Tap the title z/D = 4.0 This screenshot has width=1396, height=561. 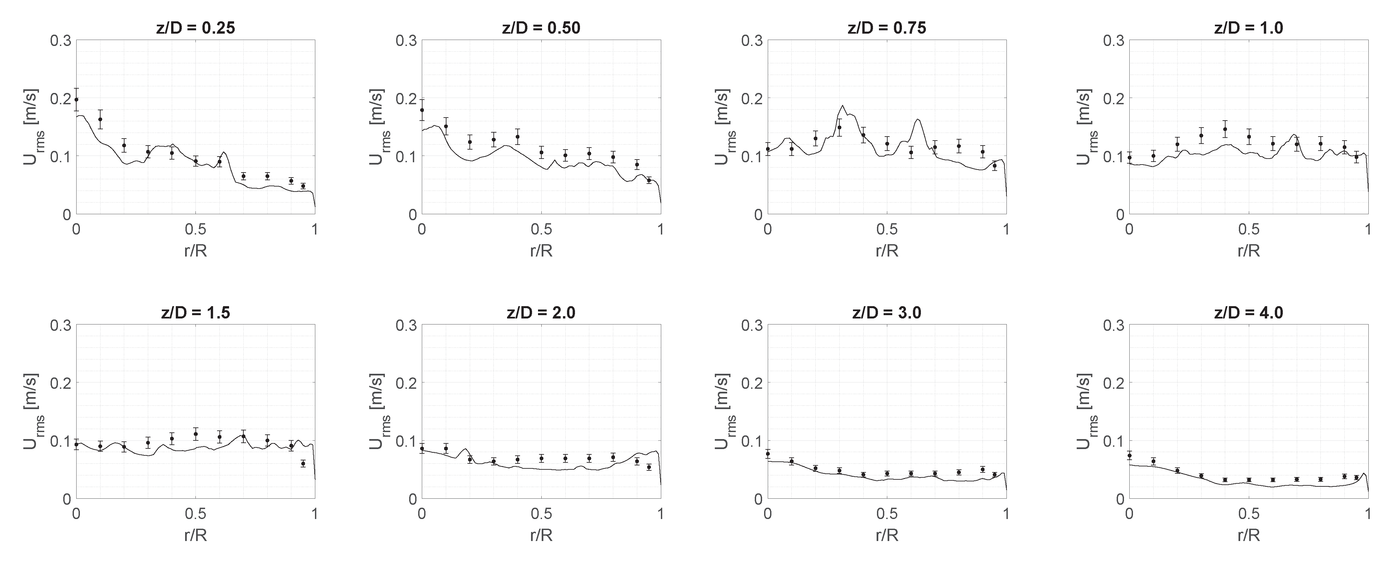point(1249,313)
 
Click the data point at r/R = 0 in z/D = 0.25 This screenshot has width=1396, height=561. point(77,100)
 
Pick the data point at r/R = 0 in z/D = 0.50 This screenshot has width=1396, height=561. point(422,110)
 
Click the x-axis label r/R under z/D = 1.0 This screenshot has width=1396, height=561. point(1249,251)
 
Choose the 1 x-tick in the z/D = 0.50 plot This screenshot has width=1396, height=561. point(661,229)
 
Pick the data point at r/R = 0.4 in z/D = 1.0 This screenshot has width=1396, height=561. point(1225,129)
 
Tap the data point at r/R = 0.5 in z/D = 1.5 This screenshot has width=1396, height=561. point(196,434)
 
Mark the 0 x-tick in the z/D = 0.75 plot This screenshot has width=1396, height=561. point(768,229)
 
